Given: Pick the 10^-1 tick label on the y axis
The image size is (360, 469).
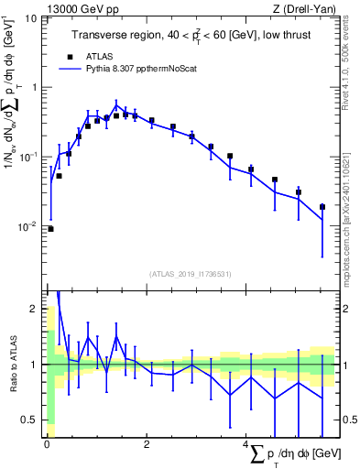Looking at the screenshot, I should [x=27, y=157].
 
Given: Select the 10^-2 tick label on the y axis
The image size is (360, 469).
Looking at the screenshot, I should [x=27, y=226].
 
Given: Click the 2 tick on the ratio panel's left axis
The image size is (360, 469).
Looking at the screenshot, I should [x=35, y=309].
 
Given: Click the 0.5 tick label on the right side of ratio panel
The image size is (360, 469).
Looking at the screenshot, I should [x=348, y=420].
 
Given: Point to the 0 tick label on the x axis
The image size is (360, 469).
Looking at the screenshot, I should [x=46, y=443].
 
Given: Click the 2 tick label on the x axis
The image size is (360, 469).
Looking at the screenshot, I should [x=146, y=443].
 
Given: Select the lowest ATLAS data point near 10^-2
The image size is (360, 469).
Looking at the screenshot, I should [x=50, y=229].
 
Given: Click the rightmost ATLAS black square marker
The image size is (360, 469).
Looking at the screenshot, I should [x=322, y=207].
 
